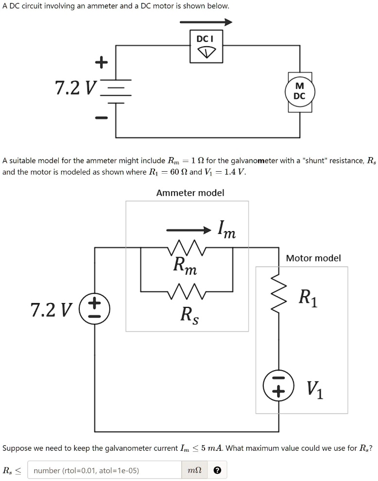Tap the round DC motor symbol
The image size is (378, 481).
pos(299,91)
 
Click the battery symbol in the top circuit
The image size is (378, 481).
pos(116,91)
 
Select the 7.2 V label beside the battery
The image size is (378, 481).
pos(76,88)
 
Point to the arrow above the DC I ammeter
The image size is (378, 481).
pos(206,22)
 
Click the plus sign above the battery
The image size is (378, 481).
pos(101,62)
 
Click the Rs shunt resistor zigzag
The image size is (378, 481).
pos(187,291)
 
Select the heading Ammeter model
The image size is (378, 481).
pos(190,193)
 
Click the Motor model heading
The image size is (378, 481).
pos(313,258)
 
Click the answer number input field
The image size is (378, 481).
pos(103,470)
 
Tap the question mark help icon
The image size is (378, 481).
pos(218,470)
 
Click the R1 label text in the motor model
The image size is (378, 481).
pos(309,297)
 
